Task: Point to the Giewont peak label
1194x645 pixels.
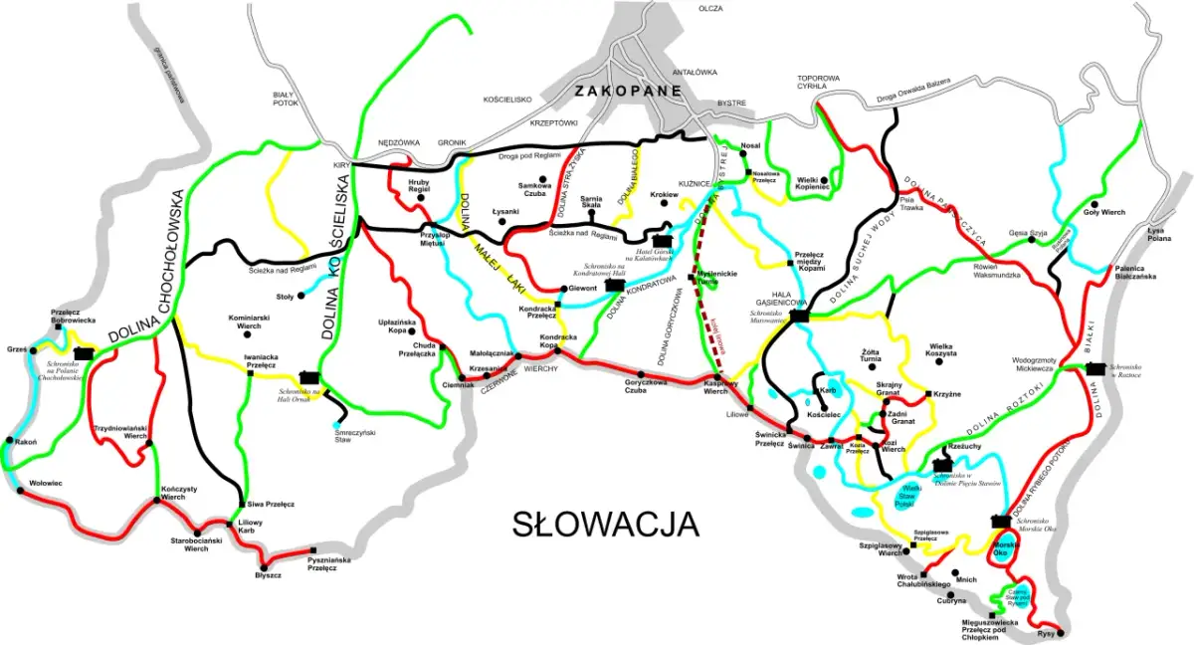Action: (x=582, y=289)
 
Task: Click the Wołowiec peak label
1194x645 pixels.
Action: (x=46, y=483)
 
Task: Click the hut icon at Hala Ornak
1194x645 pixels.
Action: (x=308, y=377)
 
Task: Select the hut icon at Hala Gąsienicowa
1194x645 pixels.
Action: (x=799, y=317)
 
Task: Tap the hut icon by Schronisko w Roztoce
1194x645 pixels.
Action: (x=1095, y=368)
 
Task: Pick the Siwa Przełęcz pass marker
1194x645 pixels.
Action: (x=242, y=504)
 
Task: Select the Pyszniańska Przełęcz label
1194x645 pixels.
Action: (x=328, y=563)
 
